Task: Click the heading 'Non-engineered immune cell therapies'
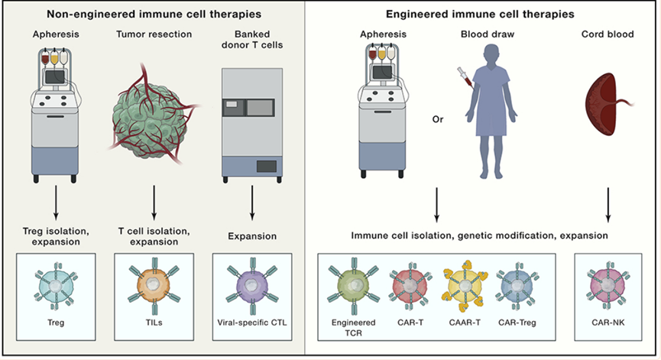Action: point(151,13)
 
